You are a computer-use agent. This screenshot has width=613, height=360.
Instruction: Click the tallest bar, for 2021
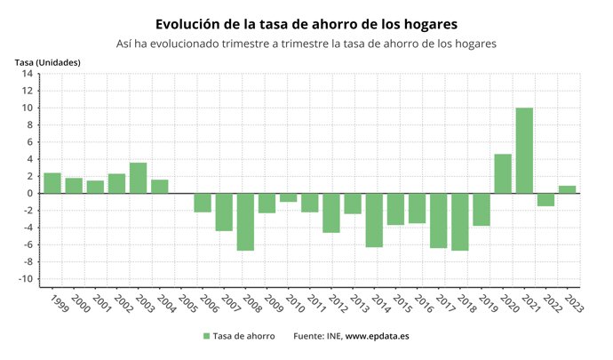click(524, 150)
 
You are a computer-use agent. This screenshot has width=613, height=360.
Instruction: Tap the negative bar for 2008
click(245, 221)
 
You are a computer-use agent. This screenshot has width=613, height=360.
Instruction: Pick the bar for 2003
click(138, 178)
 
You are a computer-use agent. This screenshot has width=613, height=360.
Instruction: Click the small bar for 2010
click(288, 197)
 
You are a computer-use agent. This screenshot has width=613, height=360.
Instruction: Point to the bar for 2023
click(567, 189)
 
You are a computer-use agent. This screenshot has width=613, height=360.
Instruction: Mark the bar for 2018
click(459, 221)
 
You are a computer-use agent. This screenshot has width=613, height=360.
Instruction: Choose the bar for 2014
click(374, 220)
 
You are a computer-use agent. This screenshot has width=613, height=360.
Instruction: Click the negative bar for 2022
click(545, 199)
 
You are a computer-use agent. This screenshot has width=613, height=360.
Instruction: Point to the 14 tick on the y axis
click(28, 74)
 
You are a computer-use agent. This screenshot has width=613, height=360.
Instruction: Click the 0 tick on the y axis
click(29, 193)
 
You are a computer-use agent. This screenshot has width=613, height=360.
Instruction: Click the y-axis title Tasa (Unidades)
click(47, 61)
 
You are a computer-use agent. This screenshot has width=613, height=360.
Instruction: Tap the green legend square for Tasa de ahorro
click(207, 336)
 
